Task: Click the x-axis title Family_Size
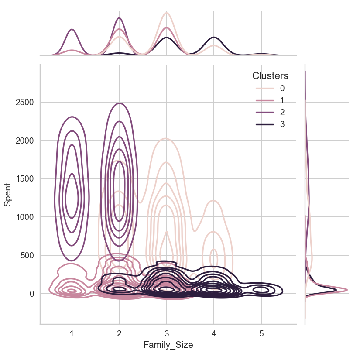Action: point(168,345)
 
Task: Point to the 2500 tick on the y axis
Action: point(26,103)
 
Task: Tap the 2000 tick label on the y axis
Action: point(26,141)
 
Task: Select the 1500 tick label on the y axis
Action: point(26,179)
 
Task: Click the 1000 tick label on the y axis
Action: point(26,217)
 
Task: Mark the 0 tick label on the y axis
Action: point(32,294)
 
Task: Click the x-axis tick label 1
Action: point(72,333)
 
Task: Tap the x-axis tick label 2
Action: point(119,333)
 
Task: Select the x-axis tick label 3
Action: point(166,333)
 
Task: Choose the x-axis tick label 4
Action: point(213,333)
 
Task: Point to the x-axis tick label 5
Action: point(261,333)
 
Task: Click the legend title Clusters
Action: point(270,76)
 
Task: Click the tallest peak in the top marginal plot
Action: point(166,13)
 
